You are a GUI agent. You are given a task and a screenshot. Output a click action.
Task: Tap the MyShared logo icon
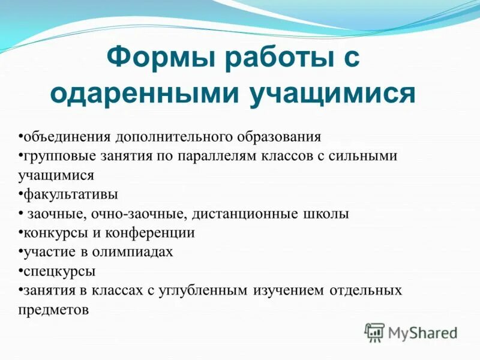375,332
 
